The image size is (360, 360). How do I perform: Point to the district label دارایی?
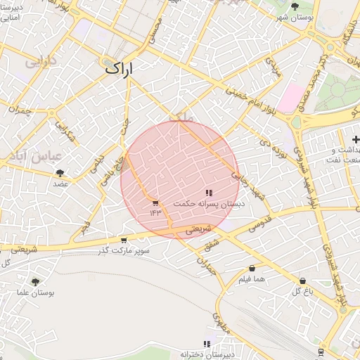click(41, 62)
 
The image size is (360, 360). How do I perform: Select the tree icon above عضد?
click(60, 172)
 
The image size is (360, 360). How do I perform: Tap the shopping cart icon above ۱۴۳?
click(155, 203)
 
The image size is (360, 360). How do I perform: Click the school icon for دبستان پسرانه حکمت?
click(209, 193)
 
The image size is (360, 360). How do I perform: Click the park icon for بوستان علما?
click(36, 282)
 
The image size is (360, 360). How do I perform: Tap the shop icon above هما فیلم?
click(252, 269)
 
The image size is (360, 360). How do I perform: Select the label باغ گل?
click(302, 290)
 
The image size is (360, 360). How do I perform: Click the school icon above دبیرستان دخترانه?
click(207, 344)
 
